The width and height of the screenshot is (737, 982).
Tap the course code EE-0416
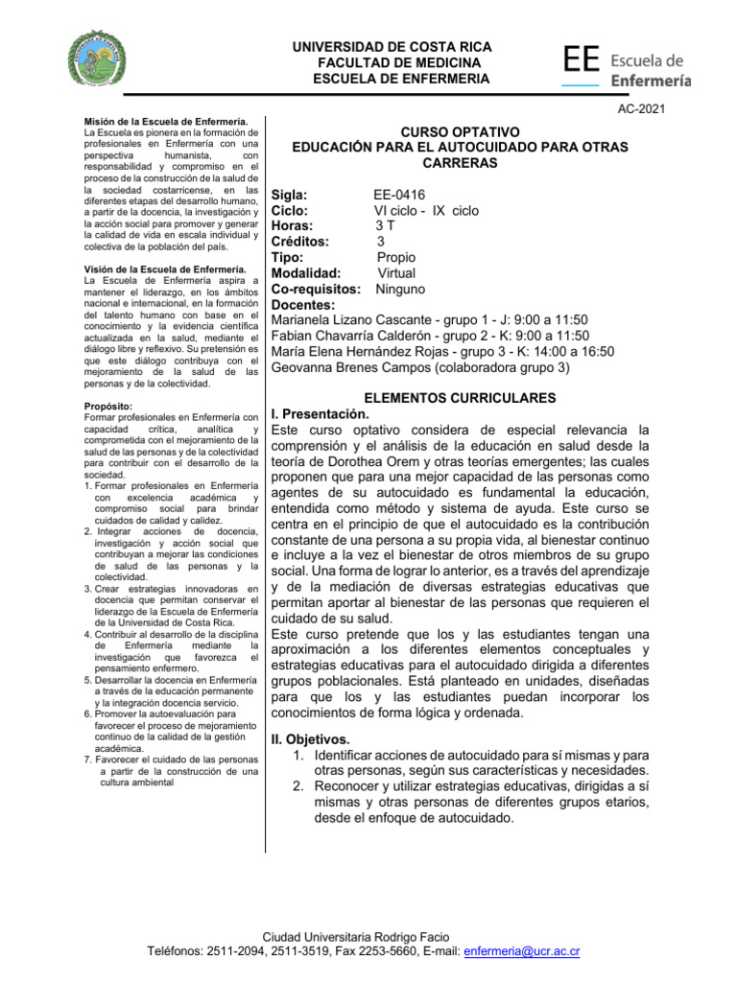point(399,196)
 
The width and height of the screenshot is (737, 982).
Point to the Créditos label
point(300,242)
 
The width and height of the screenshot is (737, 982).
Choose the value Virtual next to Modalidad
point(396,272)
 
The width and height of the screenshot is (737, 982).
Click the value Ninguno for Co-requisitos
point(400,289)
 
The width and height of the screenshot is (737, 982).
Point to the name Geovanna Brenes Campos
point(351,366)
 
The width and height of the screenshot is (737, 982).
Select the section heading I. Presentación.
point(321,413)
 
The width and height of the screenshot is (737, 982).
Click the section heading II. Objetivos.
point(310,739)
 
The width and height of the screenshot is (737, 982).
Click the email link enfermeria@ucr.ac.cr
point(521,951)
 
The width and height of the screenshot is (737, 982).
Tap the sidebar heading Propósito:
point(108,407)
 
